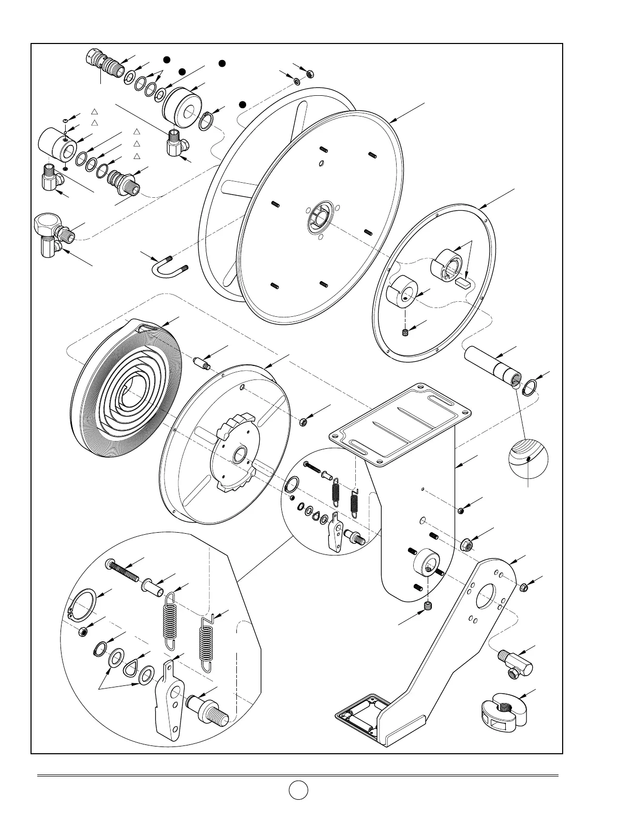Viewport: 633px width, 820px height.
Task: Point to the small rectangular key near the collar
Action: click(463, 283)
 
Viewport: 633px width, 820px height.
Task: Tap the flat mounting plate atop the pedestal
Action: click(401, 419)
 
